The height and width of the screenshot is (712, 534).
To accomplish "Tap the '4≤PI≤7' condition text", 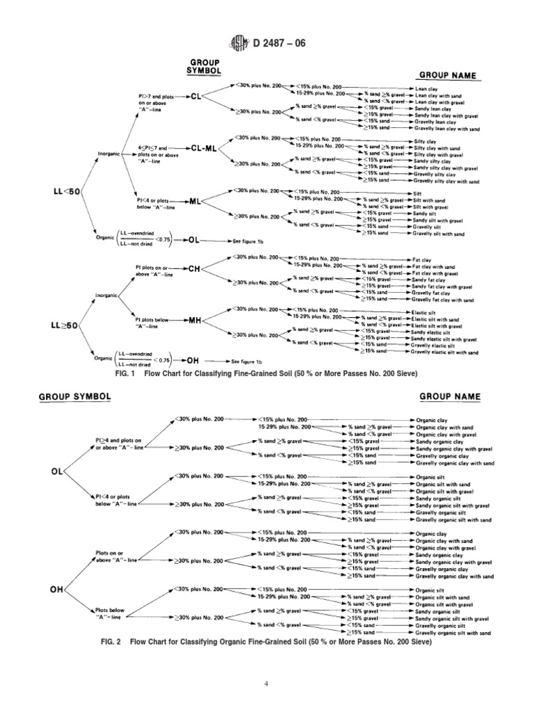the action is (152, 148).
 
